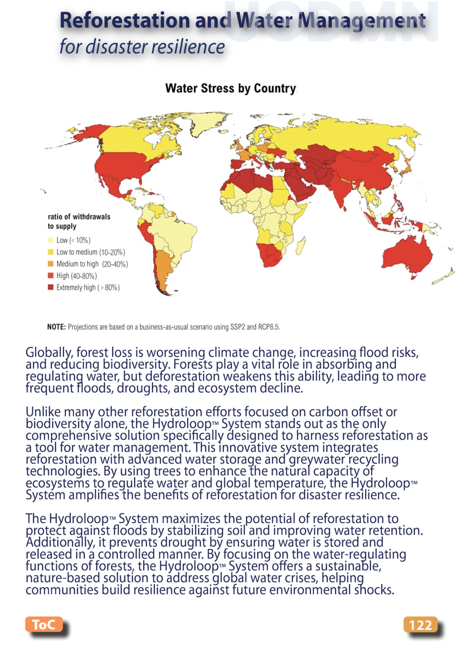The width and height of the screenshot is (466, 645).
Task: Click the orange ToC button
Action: point(44,624)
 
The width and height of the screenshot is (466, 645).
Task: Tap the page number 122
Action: point(420,625)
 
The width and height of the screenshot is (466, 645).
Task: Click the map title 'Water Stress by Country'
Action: point(230,88)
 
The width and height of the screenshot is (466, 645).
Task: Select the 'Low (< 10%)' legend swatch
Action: point(51,240)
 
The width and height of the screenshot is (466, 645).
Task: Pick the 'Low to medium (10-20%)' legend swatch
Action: point(51,252)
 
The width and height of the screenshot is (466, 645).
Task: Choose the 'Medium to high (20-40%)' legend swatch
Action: point(51,264)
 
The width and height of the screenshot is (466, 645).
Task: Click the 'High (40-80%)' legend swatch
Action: point(51,275)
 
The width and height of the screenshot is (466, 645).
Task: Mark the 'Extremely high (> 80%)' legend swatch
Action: point(51,287)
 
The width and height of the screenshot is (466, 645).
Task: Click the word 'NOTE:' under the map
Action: point(56,327)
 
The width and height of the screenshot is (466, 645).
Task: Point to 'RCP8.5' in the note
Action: point(269,327)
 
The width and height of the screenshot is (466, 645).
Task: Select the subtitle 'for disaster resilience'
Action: point(142,46)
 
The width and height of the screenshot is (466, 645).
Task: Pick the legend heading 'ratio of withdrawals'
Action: point(79,217)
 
